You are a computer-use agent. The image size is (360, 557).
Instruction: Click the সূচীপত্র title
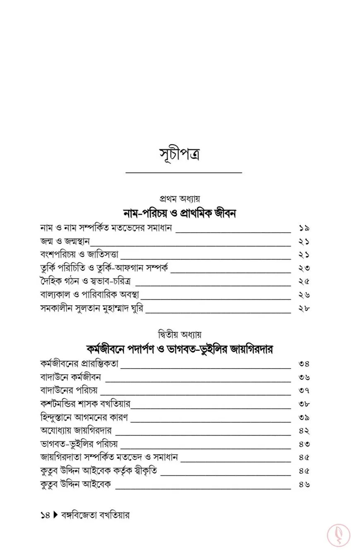tap(180, 154)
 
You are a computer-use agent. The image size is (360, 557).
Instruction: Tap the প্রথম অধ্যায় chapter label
tap(180, 199)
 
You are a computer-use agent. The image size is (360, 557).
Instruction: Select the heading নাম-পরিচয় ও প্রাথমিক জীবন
tap(180, 213)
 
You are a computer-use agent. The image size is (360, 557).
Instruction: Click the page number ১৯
tap(304, 228)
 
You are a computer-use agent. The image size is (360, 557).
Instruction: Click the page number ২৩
tap(304, 268)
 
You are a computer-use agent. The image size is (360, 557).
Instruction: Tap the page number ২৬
tap(304, 295)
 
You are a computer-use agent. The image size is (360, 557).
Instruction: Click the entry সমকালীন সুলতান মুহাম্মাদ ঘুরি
tap(92, 308)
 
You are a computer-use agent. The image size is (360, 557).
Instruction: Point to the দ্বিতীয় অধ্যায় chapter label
tap(180, 334)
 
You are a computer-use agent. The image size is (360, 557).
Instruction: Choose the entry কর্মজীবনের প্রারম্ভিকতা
tap(79, 364)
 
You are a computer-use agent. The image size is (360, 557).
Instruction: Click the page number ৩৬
tap(304, 377)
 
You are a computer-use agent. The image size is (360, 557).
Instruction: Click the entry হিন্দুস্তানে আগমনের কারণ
tap(84, 417)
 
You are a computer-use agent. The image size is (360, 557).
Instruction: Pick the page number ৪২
tap(304, 431)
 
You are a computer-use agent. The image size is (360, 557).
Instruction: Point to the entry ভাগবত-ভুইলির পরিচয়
tap(79, 444)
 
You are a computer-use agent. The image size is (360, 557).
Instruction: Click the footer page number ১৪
tap(45, 516)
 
